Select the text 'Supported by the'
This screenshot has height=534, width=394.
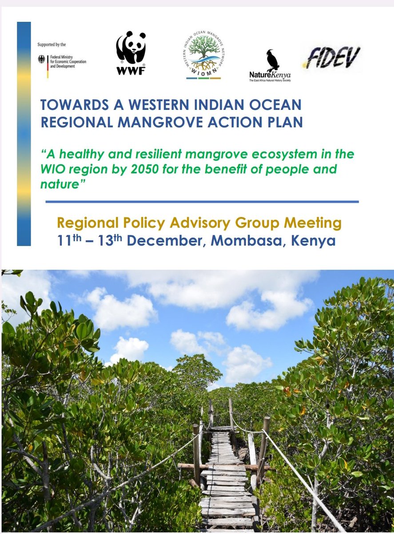pos(52,45)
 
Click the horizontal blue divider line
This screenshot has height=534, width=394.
pos(202,202)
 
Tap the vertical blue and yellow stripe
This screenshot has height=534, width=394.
pos(24,133)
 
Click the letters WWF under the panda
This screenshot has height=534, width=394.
pos(131,70)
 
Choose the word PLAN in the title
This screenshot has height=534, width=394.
pos(285,121)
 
